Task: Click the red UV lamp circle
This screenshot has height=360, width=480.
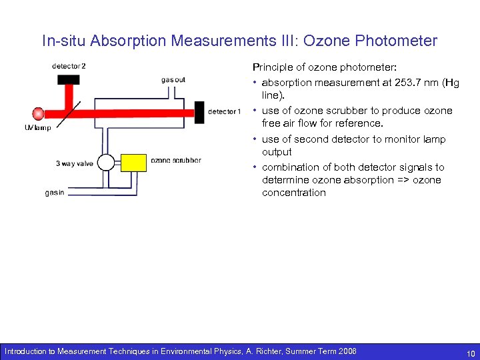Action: click(38, 113)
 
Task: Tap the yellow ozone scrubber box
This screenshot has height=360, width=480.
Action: click(133, 163)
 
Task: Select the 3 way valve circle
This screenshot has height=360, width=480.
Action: click(105, 163)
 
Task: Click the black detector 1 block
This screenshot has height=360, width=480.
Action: click(199, 112)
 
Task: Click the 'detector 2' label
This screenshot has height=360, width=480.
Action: click(69, 66)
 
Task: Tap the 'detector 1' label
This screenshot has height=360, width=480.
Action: click(224, 112)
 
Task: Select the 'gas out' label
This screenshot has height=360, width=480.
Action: click(173, 80)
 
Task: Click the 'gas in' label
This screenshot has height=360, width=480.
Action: click(55, 193)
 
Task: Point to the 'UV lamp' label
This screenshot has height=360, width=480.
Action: click(37, 128)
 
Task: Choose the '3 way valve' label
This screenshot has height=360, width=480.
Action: click(75, 163)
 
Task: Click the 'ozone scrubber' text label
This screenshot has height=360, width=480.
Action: click(176, 160)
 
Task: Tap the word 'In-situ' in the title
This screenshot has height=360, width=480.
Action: click(63, 41)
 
